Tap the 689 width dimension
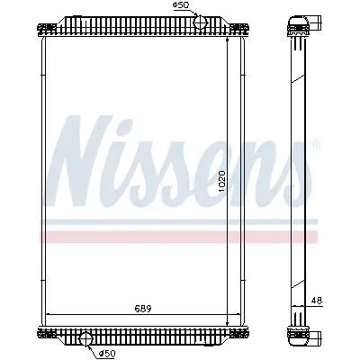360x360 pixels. pos(144,309)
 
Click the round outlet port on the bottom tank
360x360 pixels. pos(87,338)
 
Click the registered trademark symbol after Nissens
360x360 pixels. pos(314,143)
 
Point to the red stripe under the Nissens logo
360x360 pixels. pos(180,236)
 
